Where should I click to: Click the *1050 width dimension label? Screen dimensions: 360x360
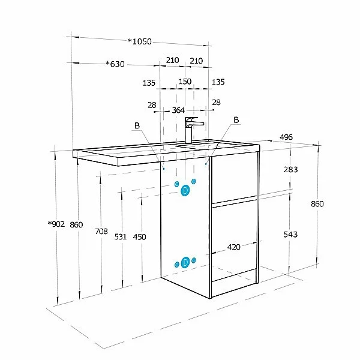coord(140,41)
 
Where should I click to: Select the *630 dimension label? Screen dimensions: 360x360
coord(115,64)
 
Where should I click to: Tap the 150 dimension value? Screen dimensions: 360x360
coord(185,82)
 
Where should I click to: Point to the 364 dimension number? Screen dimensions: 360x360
coord(178,110)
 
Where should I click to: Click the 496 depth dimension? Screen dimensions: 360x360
coord(286,137)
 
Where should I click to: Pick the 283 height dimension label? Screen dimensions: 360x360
coord(290,170)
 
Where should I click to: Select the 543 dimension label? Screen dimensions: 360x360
coord(290,235)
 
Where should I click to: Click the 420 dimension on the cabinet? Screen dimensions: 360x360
coord(234,247)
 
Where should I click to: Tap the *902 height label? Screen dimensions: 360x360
coord(56,224)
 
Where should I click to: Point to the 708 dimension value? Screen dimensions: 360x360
coord(101,231)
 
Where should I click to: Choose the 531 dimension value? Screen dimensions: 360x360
coord(121,237)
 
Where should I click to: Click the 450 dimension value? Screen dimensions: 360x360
coord(139,237)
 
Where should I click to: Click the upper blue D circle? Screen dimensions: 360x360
coord(185,190)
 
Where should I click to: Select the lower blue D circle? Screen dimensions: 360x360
coord(185,263)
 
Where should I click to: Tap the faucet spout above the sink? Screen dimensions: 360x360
coord(194,122)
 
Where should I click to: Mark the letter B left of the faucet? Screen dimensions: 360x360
coord(137,125)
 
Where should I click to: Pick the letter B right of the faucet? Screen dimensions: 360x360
coord(236,120)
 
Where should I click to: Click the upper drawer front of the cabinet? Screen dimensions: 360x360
coord(234,177)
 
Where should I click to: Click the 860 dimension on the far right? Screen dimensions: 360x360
coord(317,203)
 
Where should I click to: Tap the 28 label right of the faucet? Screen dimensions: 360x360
coord(216,103)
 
